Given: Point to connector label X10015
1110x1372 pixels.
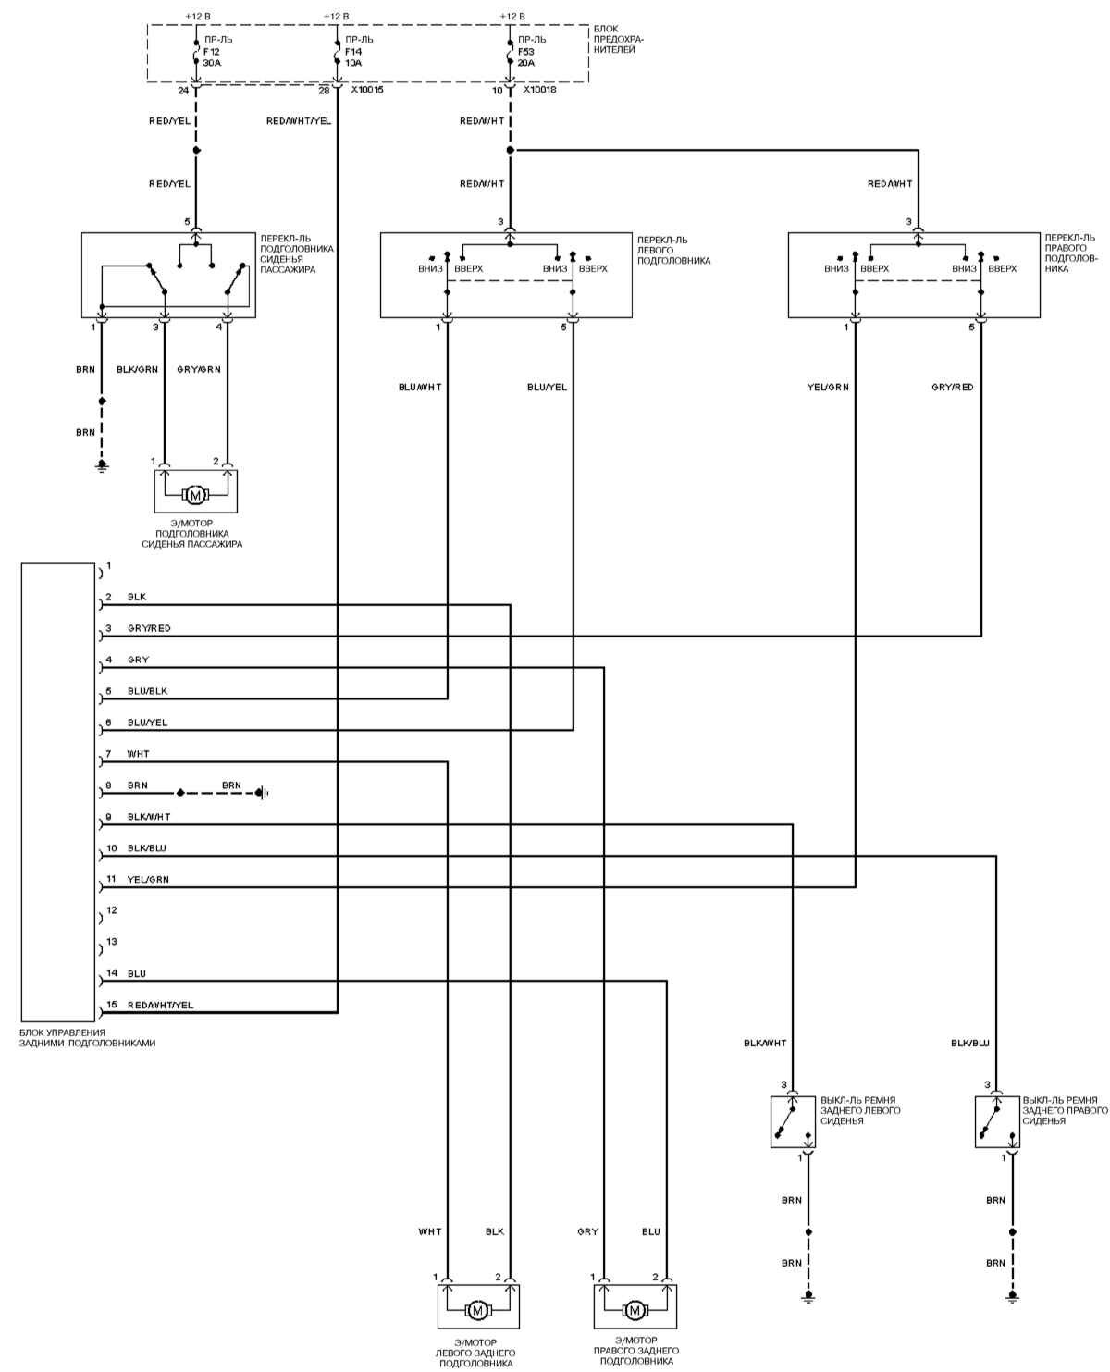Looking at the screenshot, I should [367, 91].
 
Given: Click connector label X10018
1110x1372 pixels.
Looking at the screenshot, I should [539, 91].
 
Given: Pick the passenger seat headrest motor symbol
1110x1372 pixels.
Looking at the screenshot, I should [195, 496].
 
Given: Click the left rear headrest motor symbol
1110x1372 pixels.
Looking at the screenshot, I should [477, 1310].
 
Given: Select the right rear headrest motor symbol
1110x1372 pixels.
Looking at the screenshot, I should [635, 1310].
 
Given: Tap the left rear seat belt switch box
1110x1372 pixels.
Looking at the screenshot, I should [793, 1121].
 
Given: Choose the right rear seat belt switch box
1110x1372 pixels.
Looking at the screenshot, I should [997, 1121].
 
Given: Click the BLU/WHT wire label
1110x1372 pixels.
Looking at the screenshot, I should [419, 387].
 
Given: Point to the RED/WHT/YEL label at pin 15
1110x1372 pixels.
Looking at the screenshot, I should [161, 1006].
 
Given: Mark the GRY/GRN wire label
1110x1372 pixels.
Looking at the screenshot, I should [199, 369].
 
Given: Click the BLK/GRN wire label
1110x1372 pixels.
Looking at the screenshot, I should [137, 369].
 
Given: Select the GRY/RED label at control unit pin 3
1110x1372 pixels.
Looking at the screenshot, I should [149, 629].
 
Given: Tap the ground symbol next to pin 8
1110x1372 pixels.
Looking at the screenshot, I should [264, 793].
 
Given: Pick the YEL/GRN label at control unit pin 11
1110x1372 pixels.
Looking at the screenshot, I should [148, 880].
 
